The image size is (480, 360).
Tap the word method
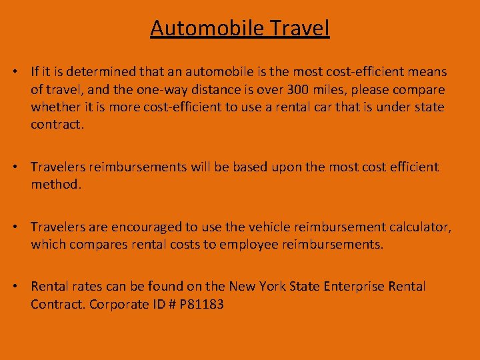[55, 184]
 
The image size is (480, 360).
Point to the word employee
[247, 244]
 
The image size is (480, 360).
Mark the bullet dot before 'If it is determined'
[19, 71]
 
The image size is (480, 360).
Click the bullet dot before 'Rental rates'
[19, 287]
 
